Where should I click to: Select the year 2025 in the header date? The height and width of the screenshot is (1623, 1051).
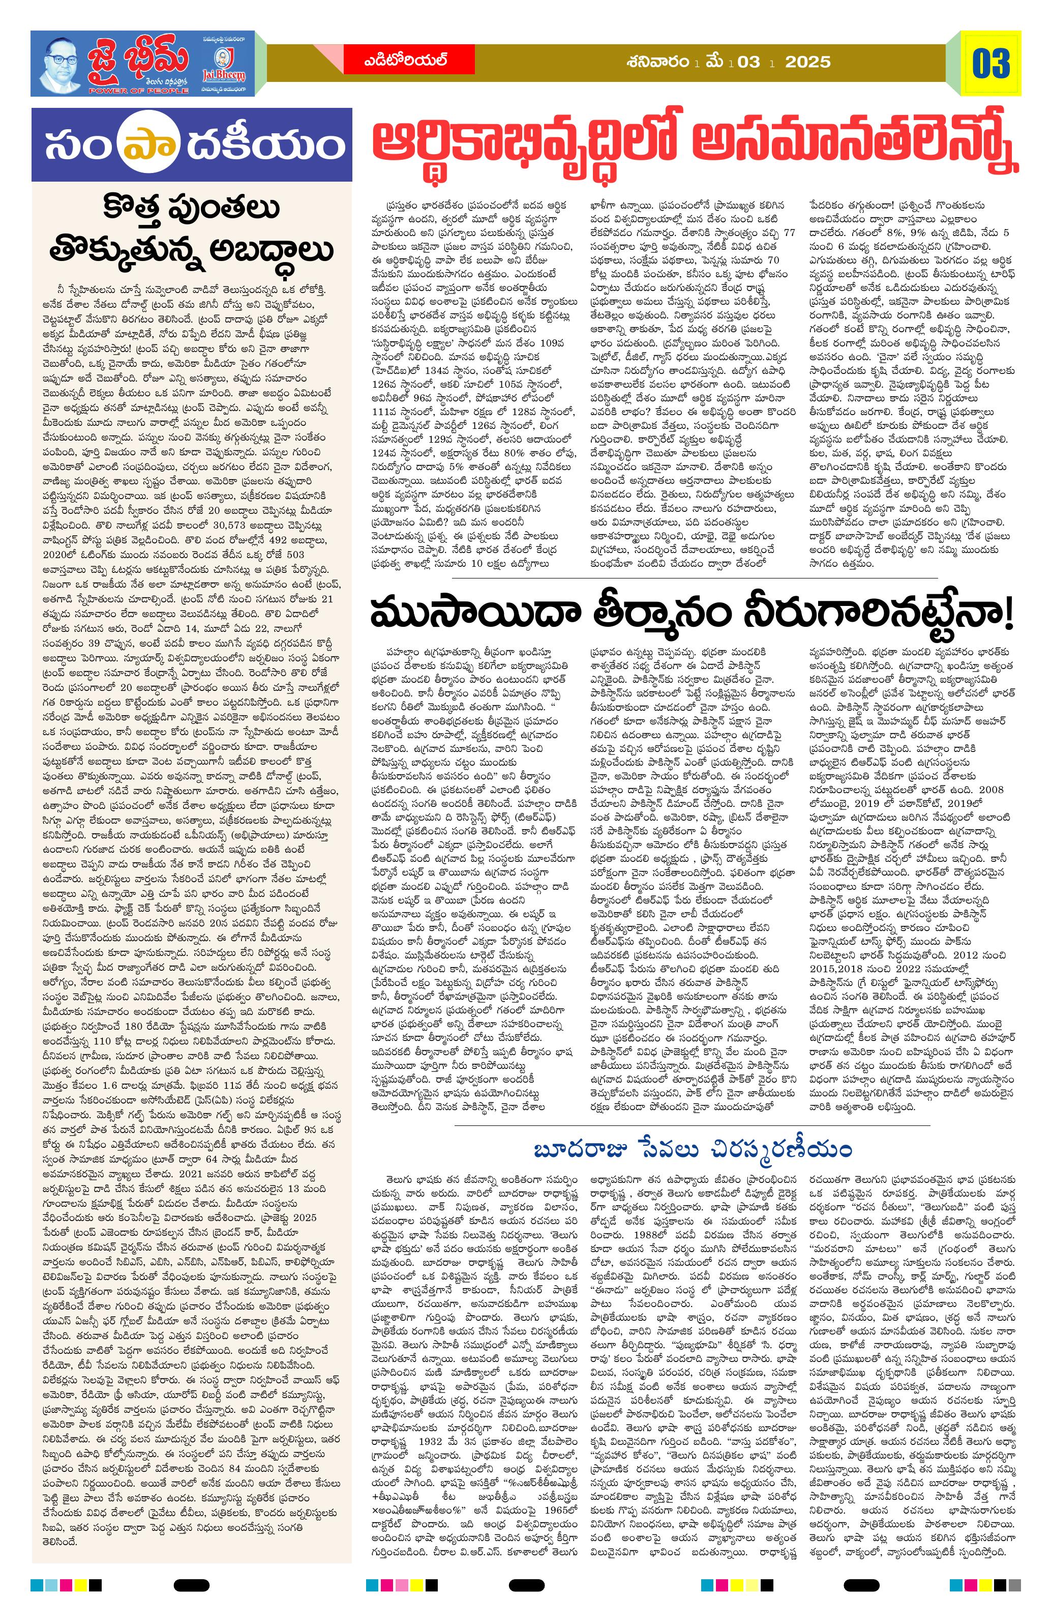coord(807,62)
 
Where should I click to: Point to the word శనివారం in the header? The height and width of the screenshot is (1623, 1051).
coord(657,62)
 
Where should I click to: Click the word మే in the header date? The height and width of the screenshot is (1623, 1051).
coord(715,62)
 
